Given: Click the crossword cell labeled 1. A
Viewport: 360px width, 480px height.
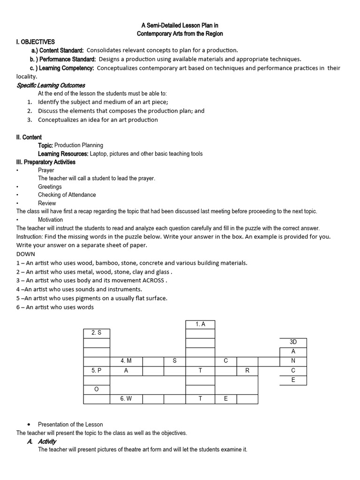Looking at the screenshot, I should tap(200, 324).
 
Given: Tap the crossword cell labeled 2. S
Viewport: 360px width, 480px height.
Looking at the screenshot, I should tap(97, 333).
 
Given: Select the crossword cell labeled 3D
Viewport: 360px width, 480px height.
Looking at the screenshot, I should tap(293, 342).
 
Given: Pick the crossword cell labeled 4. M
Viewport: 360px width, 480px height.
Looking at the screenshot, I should tap(126, 361).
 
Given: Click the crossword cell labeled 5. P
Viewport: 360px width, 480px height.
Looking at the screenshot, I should tap(97, 370).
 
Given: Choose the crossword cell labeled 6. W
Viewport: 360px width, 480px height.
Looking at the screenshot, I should tap(126, 398).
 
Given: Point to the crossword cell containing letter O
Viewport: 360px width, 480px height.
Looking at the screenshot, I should tap(97, 389).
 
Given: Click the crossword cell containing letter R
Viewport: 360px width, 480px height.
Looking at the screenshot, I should tap(247, 370).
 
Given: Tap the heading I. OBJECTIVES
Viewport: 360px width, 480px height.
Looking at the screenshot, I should tap(36, 42).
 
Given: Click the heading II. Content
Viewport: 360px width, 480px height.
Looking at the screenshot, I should tap(29, 137).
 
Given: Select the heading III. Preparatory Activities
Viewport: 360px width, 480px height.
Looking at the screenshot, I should tap(46, 162).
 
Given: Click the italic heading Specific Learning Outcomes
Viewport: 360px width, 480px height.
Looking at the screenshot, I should tap(51, 85).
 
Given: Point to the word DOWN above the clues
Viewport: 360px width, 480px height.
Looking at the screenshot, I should tap(26, 254).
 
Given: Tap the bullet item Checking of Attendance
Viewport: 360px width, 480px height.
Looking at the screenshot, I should tap(67, 195).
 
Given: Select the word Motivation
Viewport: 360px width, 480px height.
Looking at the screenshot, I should tap(50, 219).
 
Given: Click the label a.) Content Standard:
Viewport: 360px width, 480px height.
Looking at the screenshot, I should tap(57, 51).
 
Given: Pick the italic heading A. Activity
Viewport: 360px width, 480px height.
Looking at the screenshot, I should tap(42, 442).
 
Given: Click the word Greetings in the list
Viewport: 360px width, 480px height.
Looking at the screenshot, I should tap(50, 187).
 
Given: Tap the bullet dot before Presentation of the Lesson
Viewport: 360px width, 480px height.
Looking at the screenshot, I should tap(29, 425).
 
